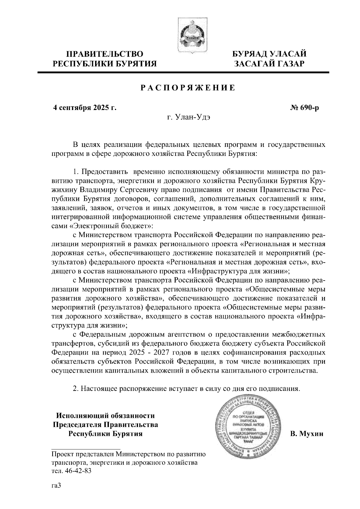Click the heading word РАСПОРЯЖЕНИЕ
tap(188, 88)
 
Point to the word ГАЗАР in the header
tap(287, 64)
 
